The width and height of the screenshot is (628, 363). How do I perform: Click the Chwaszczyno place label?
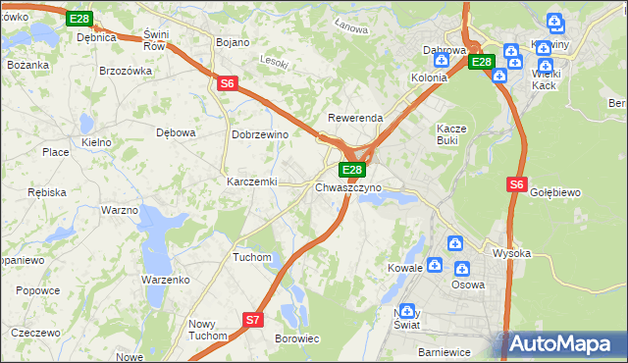pos(348,187)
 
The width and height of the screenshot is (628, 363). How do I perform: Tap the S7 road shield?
pos(253,319)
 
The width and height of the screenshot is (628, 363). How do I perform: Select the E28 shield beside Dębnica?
pos(80,19)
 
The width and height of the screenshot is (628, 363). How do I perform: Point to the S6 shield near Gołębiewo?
pos(518,183)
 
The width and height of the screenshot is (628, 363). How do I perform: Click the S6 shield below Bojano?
pos(228,84)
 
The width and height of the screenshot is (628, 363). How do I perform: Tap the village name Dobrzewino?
pos(259,134)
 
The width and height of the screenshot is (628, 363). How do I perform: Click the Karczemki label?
pos(252,182)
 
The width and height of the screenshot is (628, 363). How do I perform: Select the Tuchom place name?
pos(251,257)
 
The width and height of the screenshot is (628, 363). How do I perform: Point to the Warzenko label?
pos(165,280)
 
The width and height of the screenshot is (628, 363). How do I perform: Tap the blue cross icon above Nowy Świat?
pos(408,310)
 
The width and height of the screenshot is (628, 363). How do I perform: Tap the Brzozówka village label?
pos(127,72)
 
